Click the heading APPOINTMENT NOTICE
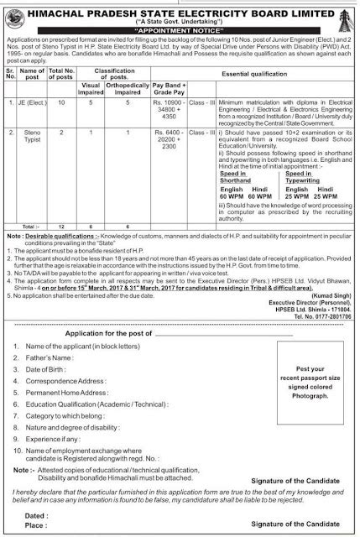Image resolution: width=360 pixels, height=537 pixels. [x=180, y=26]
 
